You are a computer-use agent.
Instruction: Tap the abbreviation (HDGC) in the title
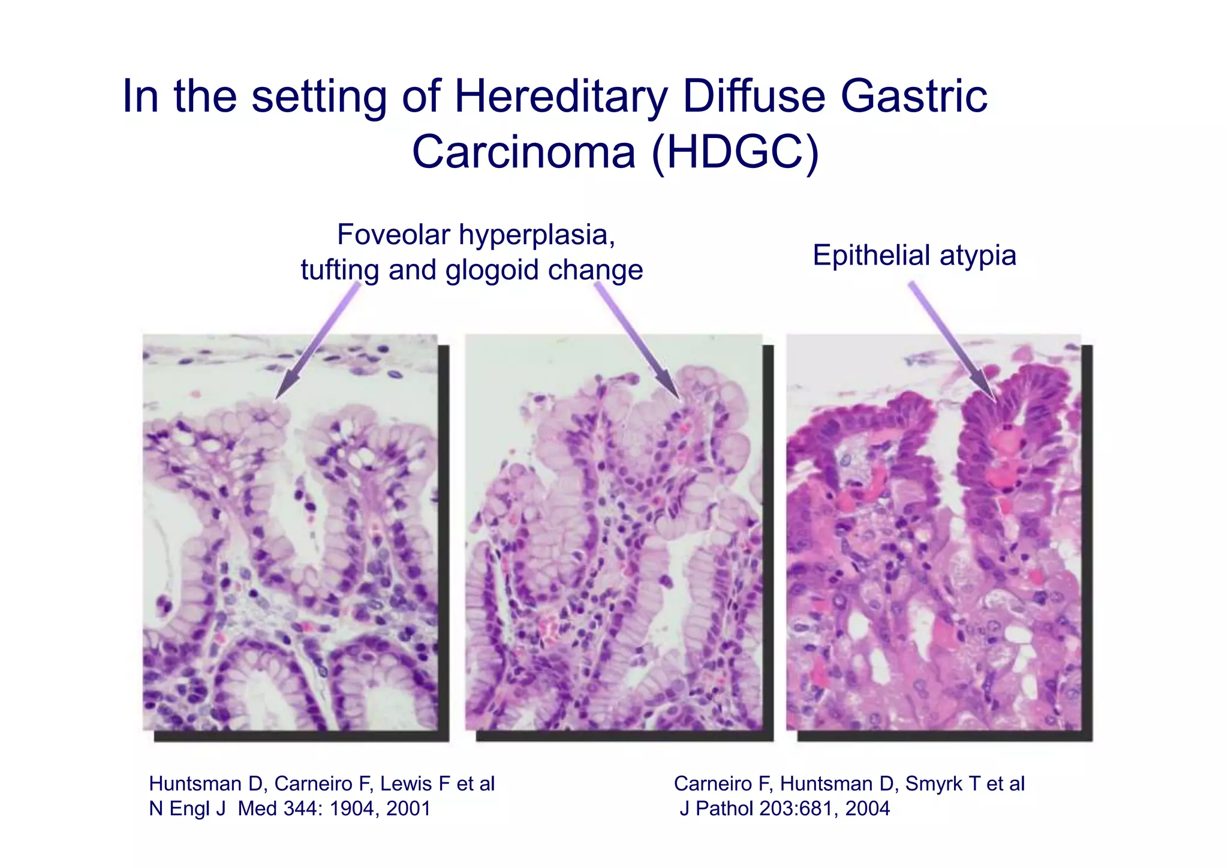point(735,152)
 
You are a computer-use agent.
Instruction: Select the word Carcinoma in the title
point(523,152)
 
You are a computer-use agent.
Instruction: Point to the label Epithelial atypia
point(914,256)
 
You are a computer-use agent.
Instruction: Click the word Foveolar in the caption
point(393,235)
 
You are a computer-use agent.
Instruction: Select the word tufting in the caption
point(341,270)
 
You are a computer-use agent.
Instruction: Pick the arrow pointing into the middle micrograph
point(639,342)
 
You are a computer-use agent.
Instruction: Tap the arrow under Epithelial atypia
point(952,342)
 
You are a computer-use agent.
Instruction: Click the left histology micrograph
point(290,533)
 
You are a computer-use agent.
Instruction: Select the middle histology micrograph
point(613,533)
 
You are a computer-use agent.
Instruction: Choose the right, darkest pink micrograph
point(934,533)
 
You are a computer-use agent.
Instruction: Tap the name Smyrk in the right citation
point(933,784)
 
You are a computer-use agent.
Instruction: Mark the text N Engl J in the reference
point(187,809)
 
